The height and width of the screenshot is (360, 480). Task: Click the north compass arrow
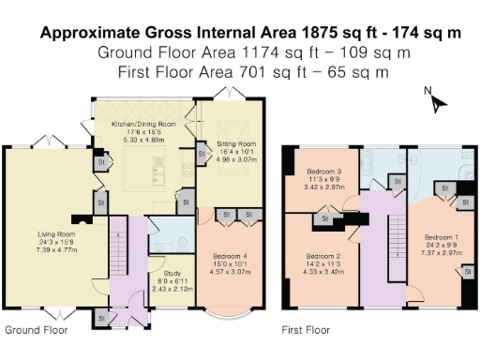pos(434,101)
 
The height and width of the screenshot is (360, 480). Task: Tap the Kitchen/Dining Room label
pos(144,124)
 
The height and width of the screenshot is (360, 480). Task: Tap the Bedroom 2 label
pos(324,255)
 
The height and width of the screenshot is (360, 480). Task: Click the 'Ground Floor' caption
pos(37,330)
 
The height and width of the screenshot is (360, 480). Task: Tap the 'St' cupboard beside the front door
pos(99,319)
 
